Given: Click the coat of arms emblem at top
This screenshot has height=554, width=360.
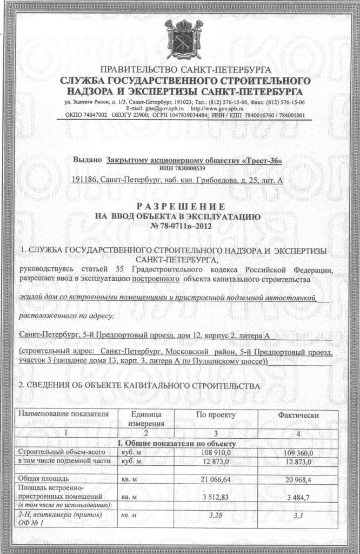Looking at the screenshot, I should [183, 39].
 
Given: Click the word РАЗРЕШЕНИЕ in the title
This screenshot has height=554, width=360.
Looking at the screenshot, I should [179, 207].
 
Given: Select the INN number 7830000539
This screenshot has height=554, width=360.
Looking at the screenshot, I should [179, 169].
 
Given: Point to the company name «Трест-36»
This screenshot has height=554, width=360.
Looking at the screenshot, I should [263, 161].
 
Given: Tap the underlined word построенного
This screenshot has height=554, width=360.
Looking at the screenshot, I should [156, 280].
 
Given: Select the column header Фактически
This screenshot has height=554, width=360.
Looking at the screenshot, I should [298, 414].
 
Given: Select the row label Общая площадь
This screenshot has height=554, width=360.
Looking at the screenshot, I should [43, 478].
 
